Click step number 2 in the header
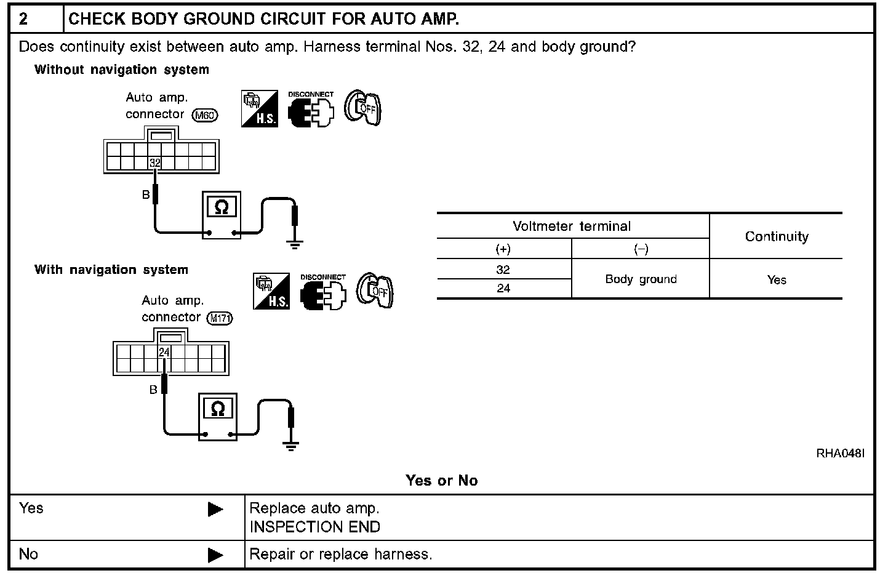click(x=23, y=18)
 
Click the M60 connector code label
click(x=205, y=115)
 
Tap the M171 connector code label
click(x=221, y=318)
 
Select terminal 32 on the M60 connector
click(x=155, y=163)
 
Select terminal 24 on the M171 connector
click(x=164, y=352)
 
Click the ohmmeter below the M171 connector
click(x=218, y=417)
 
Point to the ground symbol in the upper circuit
click(x=295, y=244)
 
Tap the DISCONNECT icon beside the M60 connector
click(x=311, y=110)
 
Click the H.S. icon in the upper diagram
click(x=260, y=109)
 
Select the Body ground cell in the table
click(x=641, y=279)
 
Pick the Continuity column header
click(x=777, y=236)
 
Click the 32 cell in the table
click(x=503, y=270)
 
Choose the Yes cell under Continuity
click(x=777, y=279)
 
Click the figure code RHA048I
click(x=841, y=454)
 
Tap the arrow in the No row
click(x=215, y=555)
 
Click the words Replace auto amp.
click(x=314, y=508)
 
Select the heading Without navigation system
click(x=122, y=70)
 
